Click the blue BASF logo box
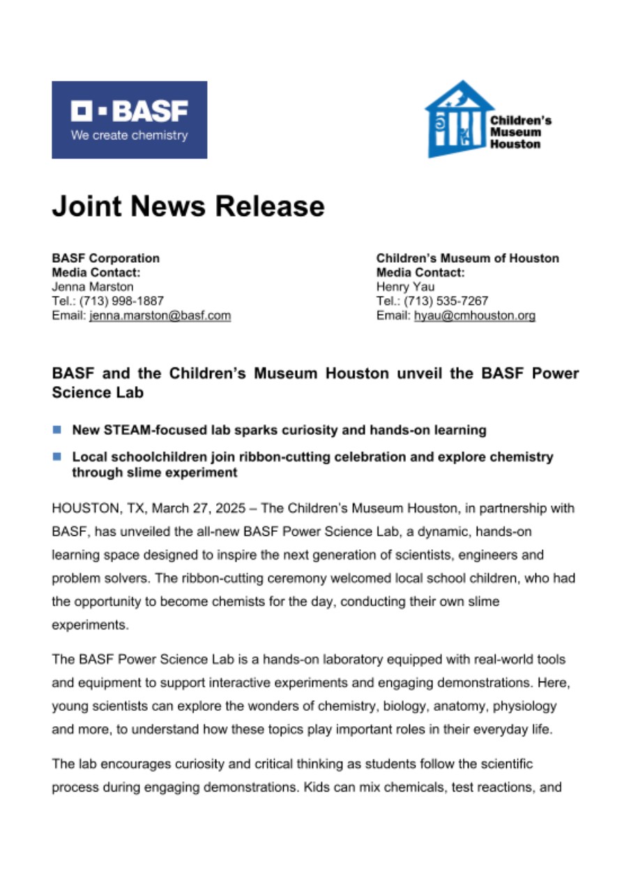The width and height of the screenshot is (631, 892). point(129,120)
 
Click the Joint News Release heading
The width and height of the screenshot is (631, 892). point(188,206)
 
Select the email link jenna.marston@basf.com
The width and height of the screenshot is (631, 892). point(160,316)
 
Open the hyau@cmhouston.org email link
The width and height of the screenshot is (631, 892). point(475,316)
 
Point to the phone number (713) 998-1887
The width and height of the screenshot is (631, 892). point(123,301)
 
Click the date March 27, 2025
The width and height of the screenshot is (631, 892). point(195,509)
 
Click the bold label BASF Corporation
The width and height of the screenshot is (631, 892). point(106,258)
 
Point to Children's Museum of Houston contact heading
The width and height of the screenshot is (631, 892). point(467,258)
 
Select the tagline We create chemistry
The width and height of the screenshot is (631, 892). point(129,136)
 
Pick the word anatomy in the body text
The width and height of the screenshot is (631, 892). point(457,707)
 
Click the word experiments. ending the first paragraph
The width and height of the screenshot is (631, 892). point(91,625)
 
